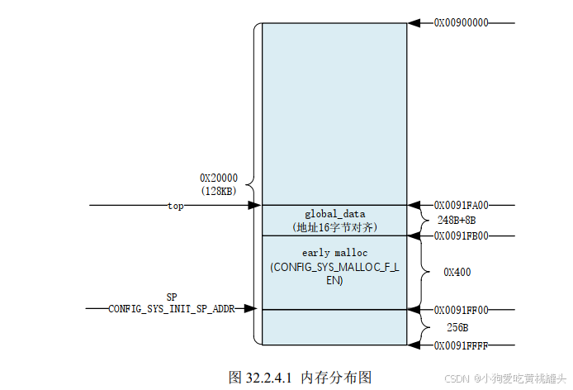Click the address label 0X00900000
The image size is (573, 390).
461,23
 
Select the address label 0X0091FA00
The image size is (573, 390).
461,205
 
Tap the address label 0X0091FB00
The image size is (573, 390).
461,235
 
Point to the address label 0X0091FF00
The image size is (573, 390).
461,310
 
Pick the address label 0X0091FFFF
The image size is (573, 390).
461,345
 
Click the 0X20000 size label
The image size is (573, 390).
219,178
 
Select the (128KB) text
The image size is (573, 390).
219,191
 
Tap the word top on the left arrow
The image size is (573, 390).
175,206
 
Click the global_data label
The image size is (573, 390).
334,213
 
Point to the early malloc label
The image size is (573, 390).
334,252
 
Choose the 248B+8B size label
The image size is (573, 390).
457,220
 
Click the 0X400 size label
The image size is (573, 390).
457,271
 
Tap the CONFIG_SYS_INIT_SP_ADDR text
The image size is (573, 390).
171,309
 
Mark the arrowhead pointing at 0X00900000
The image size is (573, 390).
414,23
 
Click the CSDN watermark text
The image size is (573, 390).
457,377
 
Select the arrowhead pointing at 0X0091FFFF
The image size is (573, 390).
414,345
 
